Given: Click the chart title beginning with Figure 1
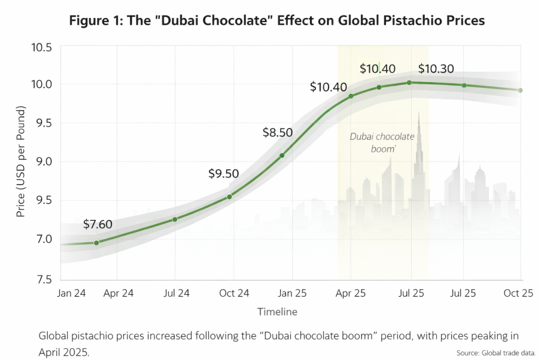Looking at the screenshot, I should (x=276, y=20).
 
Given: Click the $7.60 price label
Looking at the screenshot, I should (x=98, y=225).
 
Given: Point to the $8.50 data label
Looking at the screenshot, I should (x=278, y=132).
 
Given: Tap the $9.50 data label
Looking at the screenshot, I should (x=224, y=174).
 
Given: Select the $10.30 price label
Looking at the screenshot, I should (x=436, y=69).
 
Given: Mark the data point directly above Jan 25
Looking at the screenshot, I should (x=282, y=155).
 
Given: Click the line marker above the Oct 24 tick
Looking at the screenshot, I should (x=230, y=197).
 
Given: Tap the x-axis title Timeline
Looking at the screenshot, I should (x=277, y=312).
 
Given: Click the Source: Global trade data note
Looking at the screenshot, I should (x=496, y=352).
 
